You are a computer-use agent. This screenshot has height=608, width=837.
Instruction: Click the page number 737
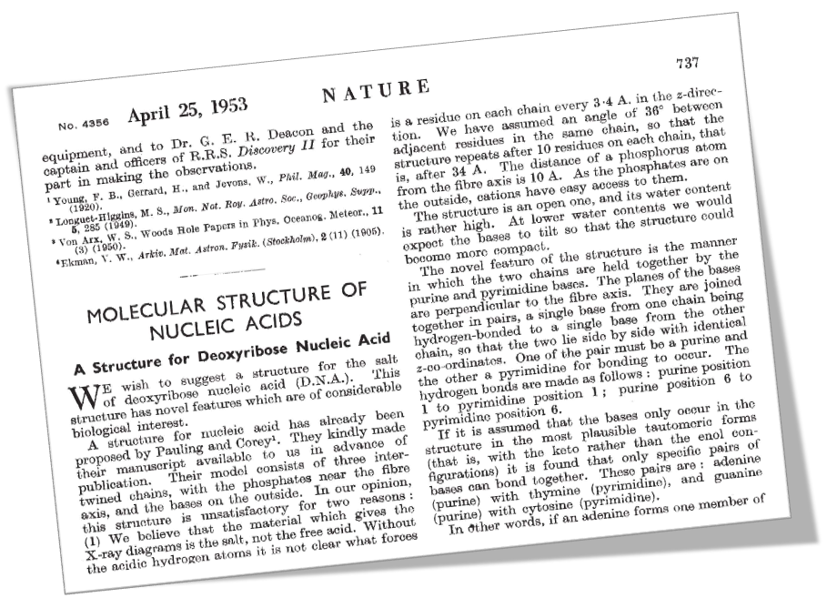coord(687,62)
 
